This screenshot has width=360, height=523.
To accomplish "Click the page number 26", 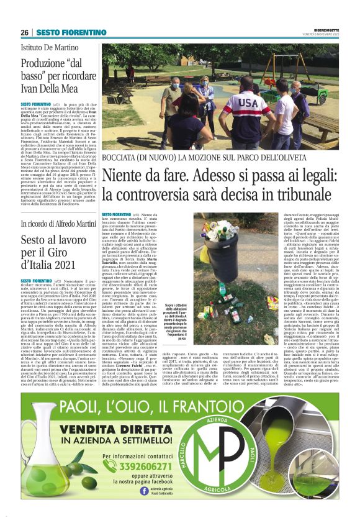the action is click(x=25, y=32).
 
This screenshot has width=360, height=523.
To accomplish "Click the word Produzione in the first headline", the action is click(x=42, y=63).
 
